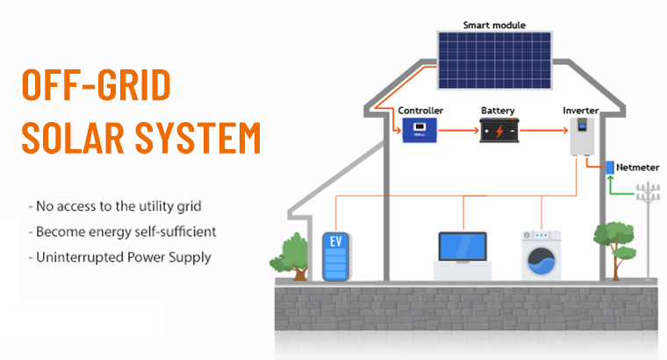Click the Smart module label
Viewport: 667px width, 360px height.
point(494,25)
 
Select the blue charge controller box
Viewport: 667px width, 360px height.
point(420,132)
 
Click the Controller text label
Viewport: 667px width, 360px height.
point(420,111)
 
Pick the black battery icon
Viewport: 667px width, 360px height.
point(498,132)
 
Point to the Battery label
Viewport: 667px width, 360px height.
point(498,111)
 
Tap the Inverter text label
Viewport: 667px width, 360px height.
point(579,111)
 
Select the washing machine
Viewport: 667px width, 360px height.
point(541,256)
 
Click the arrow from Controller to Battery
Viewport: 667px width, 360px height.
point(455,132)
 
